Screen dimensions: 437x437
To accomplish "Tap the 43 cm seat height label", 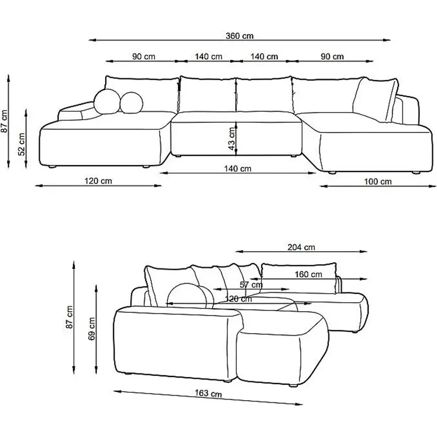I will point(231,138).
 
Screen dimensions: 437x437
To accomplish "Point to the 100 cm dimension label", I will point(377,181).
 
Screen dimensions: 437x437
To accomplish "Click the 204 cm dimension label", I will point(301,248).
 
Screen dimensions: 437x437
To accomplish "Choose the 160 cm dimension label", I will point(308,274).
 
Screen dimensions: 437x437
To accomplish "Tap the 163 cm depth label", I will point(208,394).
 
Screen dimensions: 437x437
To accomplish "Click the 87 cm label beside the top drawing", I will point(5,122).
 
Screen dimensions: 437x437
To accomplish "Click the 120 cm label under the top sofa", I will point(97,180).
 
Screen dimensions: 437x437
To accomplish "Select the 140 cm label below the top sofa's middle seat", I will point(237,169).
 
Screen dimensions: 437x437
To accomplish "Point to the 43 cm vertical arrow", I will point(237,137).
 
